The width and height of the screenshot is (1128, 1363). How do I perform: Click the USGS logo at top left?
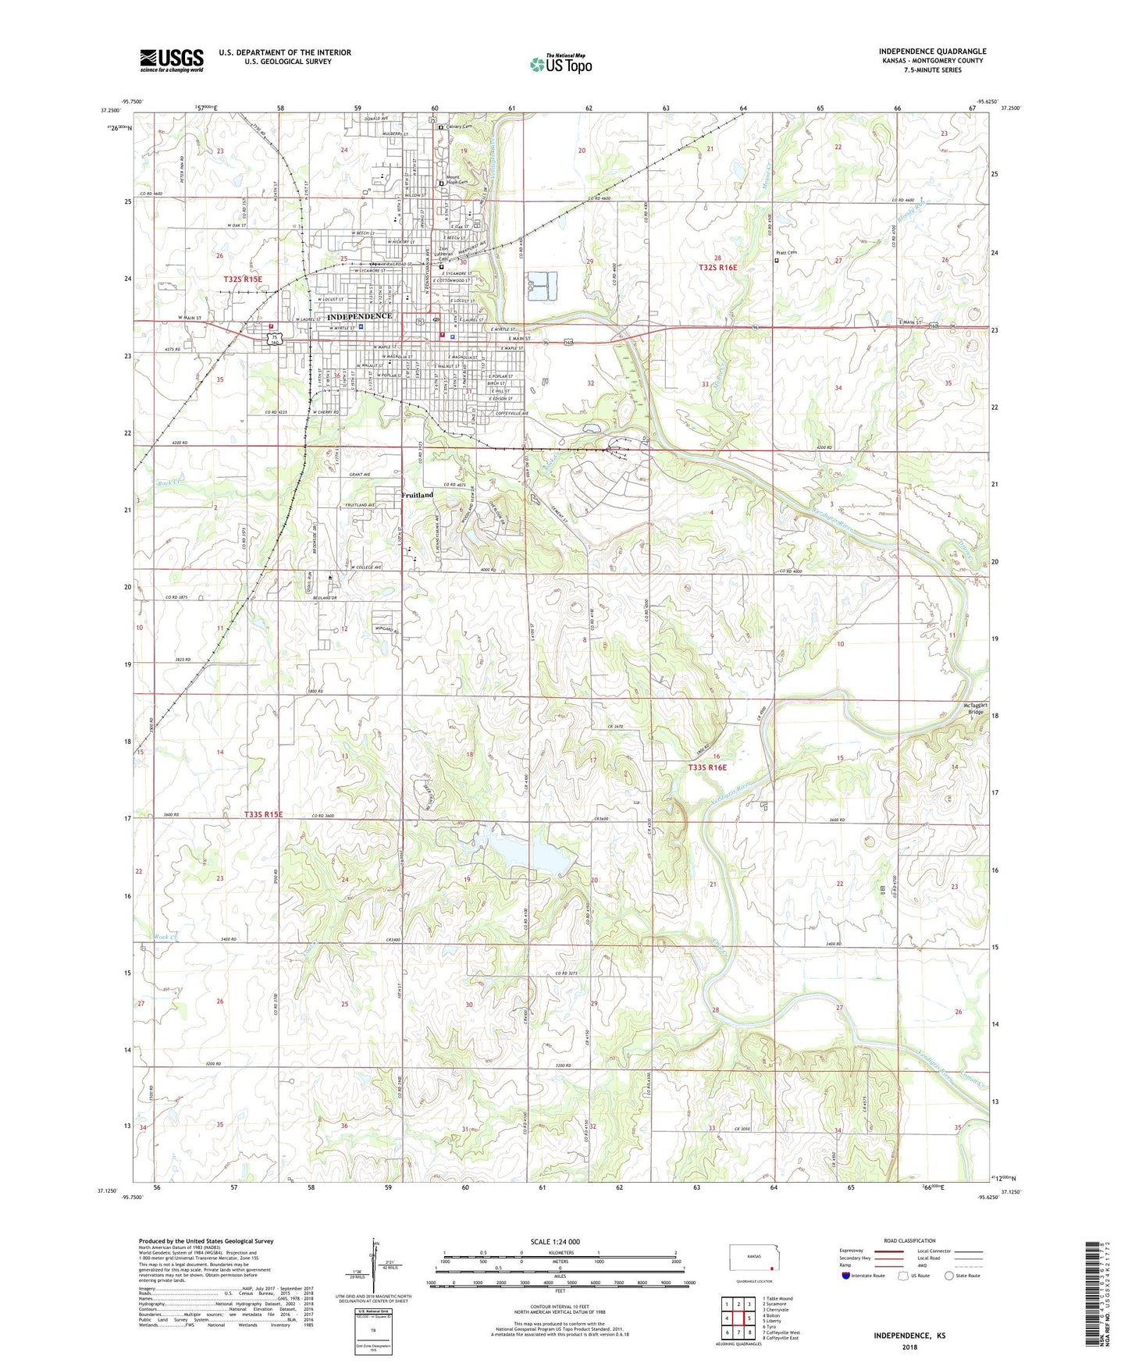coord(171,60)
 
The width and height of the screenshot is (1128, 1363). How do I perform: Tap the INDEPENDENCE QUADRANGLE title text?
coord(932,52)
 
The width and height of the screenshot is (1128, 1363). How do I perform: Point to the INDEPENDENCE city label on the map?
coord(359,316)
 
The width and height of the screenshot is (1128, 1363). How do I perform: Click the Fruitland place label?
coord(417,495)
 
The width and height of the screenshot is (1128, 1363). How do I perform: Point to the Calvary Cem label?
coord(459,126)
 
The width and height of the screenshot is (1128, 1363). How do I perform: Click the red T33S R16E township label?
coord(707,768)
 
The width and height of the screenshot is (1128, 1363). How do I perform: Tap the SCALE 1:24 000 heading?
coord(554,1242)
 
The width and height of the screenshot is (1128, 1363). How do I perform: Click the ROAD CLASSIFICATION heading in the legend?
coord(909,1240)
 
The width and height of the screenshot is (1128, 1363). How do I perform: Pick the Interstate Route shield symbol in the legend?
coord(847,1276)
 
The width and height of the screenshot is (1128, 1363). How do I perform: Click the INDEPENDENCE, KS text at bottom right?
coord(909,1336)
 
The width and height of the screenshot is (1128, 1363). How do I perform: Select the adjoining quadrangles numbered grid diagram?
coord(738,1319)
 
